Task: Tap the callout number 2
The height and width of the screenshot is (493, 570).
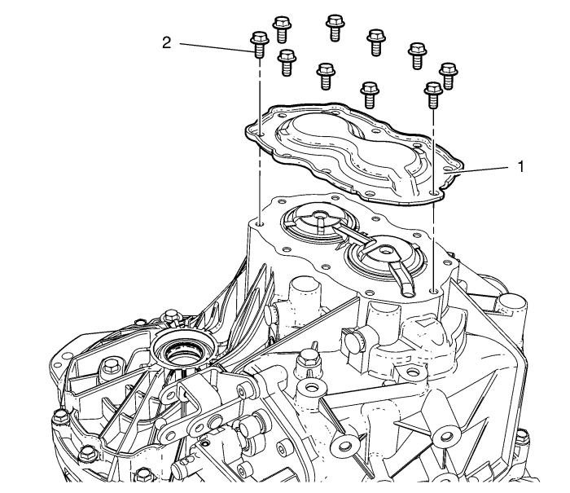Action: click(x=166, y=42)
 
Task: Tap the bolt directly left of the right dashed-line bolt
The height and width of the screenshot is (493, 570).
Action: click(x=370, y=91)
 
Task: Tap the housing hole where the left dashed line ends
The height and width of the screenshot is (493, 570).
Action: click(x=258, y=222)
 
